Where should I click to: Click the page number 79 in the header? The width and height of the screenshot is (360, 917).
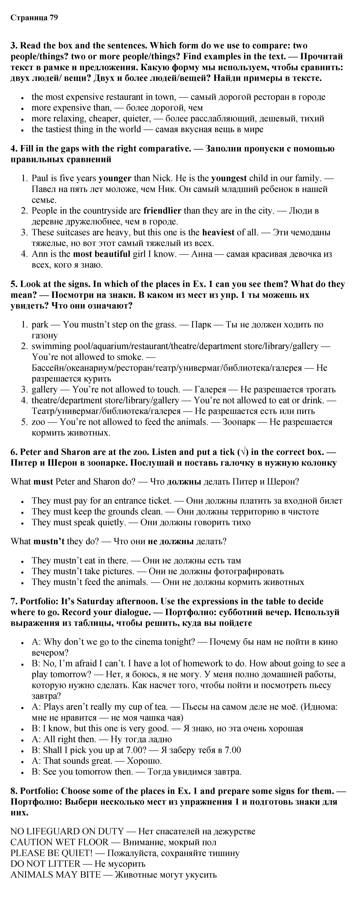pyautogui.click(x=53, y=18)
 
